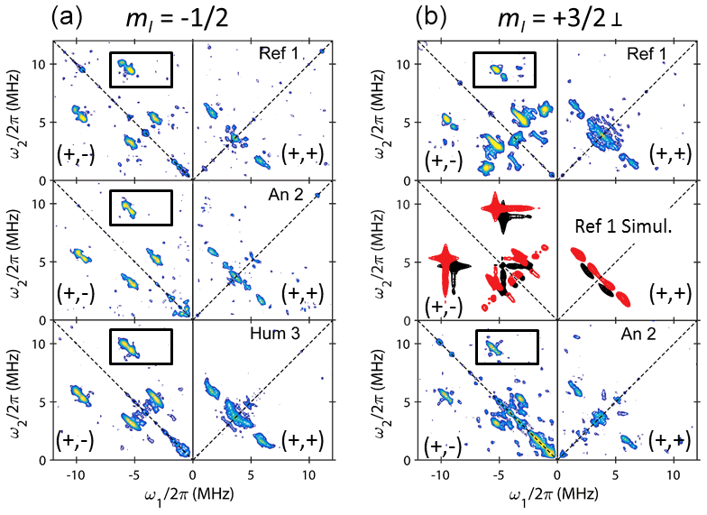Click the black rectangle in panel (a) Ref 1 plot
141,69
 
